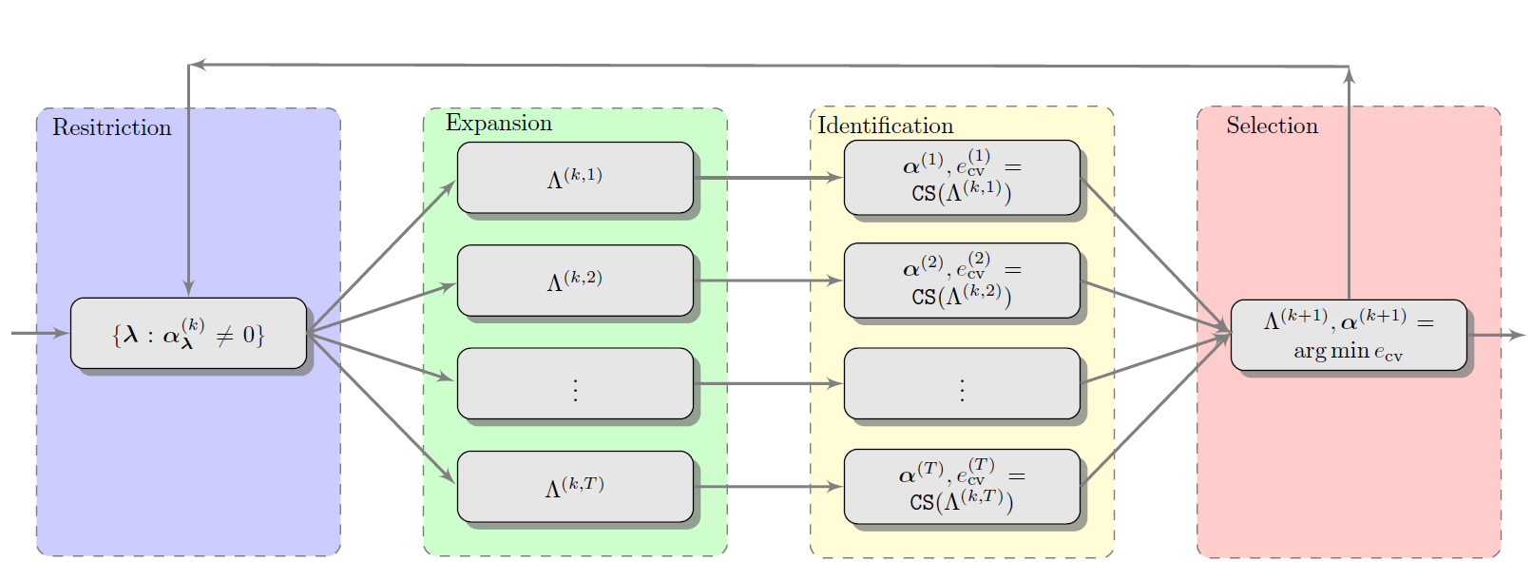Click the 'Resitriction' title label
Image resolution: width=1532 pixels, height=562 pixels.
coord(111,127)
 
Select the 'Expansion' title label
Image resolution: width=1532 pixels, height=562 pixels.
coord(498,123)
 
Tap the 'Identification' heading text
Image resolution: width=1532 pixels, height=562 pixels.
coord(885,126)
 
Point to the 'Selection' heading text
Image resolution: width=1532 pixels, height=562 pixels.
coord(1271,126)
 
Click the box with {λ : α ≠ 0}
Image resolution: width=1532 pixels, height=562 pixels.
coord(188,333)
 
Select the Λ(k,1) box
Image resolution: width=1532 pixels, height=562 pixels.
coord(575,178)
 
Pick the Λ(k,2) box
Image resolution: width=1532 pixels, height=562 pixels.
coord(575,281)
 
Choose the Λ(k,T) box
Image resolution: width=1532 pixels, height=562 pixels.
coord(575,487)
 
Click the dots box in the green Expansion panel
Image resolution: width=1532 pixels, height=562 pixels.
coord(575,383)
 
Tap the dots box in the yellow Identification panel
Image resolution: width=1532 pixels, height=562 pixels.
coord(962,383)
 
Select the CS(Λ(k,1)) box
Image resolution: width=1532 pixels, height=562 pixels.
coord(962,178)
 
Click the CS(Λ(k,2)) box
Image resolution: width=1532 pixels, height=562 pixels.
coord(962,281)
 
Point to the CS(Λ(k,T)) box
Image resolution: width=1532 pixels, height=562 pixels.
coord(962,487)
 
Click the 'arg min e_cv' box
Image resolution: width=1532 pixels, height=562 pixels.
coord(1348,335)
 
